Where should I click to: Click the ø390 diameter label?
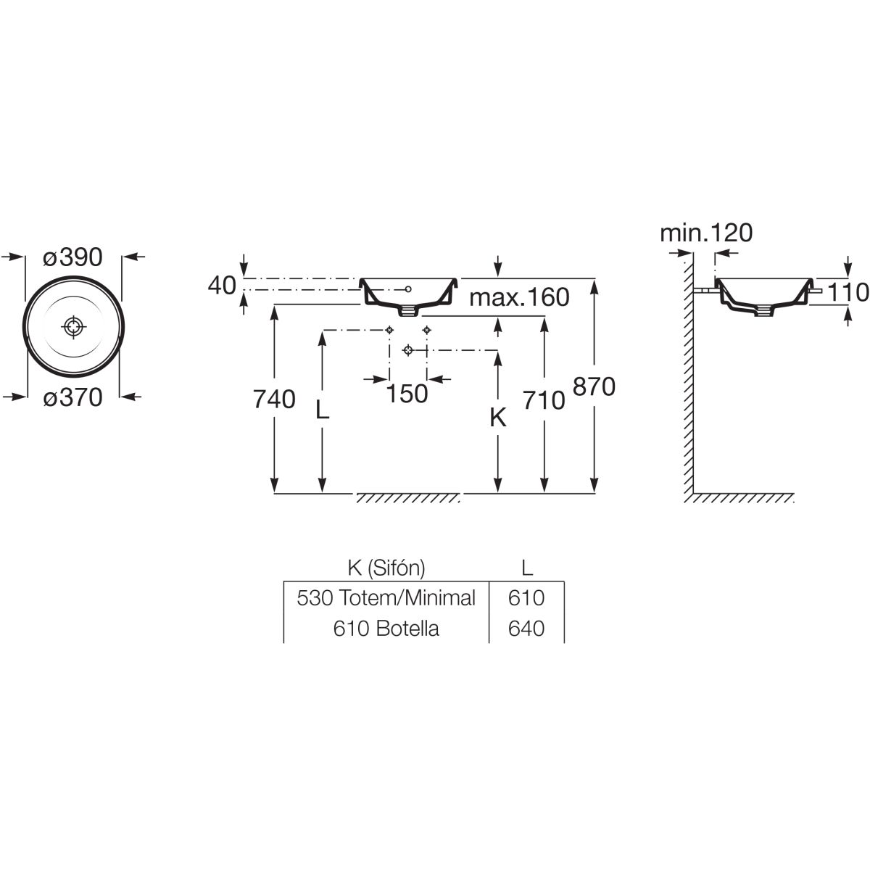pyautogui.click(x=72, y=257)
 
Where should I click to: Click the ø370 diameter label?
pyautogui.click(x=72, y=397)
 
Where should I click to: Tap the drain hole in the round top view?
pyautogui.click(x=73, y=327)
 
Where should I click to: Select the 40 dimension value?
pyautogui.click(x=223, y=286)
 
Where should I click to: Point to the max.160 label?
pyautogui.click(x=519, y=297)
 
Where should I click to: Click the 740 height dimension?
pyautogui.click(x=275, y=399)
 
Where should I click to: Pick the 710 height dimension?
pyautogui.click(x=544, y=399)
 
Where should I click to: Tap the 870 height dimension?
pyautogui.click(x=594, y=386)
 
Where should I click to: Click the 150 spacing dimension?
pyautogui.click(x=407, y=394)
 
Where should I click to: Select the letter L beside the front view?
pyautogui.click(x=323, y=411)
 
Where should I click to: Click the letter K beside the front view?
pyautogui.click(x=497, y=418)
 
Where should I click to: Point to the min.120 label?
pyautogui.click(x=706, y=233)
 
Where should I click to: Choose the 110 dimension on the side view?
pyautogui.click(x=848, y=292)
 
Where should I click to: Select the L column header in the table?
pyautogui.click(x=527, y=567)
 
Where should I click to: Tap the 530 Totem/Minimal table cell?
pyautogui.click(x=386, y=598)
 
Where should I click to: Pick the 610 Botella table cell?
pyautogui.click(x=386, y=629)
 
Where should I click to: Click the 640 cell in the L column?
pyautogui.click(x=527, y=629)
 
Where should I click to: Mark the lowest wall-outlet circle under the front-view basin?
pyautogui.click(x=407, y=351)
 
